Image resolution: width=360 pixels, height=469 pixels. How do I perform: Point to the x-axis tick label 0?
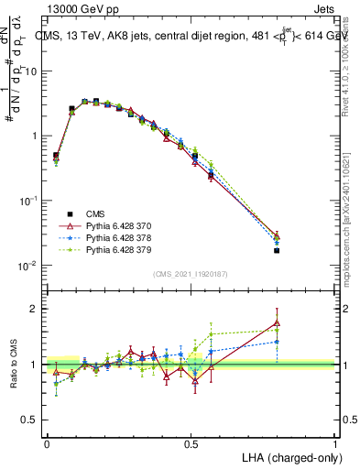[x=47, y=443]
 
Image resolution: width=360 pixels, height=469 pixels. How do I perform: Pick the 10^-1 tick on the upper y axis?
[x=28, y=201]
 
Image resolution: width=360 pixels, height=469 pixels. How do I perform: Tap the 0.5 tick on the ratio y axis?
[x=31, y=420]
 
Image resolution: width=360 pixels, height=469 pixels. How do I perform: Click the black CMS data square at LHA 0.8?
[x=277, y=250]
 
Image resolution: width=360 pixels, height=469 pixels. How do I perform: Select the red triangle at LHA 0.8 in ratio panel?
[x=277, y=322]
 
